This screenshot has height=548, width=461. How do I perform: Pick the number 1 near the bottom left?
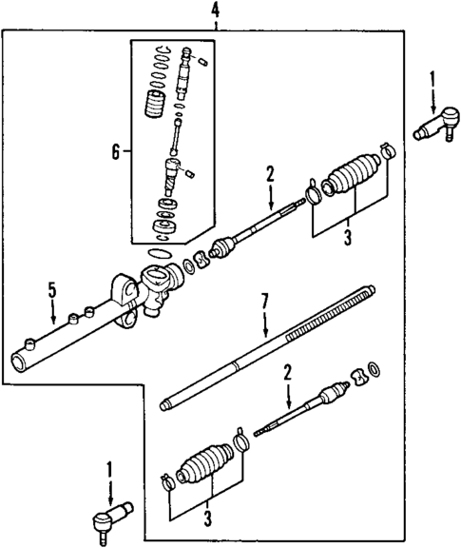[x=109, y=468]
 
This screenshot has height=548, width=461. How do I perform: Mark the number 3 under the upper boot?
[x=347, y=236]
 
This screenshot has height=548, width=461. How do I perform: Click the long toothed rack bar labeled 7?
[x=266, y=352]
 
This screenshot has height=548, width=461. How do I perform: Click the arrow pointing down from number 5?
[x=53, y=313]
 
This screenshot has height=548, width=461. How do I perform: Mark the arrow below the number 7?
[x=266, y=323]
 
